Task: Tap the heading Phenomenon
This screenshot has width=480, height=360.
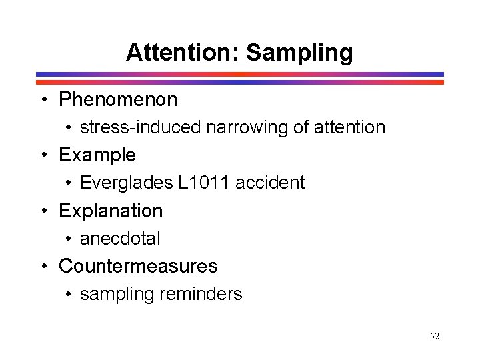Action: point(118,100)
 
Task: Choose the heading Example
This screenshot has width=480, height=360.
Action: point(97,155)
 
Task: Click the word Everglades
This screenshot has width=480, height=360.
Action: point(126,183)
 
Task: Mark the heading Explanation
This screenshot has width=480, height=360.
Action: point(111,211)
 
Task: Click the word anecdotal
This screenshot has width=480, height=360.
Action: point(120,238)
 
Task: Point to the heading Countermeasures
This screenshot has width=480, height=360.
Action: point(138,266)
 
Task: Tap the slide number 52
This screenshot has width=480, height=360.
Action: point(435,337)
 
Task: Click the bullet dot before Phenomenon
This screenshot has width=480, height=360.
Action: point(43,101)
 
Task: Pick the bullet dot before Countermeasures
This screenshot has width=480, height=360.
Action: point(43,267)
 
